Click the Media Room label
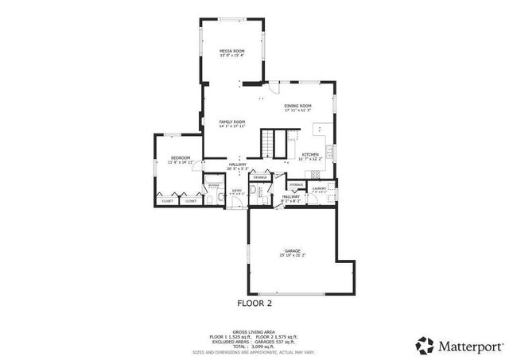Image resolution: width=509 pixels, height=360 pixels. tap(232, 51)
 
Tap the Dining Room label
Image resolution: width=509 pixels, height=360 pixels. tap(298, 106)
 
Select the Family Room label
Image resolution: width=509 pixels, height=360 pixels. tap(232, 122)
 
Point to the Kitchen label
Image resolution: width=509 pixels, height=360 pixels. tap(310, 154)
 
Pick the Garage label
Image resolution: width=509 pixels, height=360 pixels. tap(293, 251)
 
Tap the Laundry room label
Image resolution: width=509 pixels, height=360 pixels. tap(320, 188)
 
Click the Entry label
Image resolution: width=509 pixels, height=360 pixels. tap(237, 190)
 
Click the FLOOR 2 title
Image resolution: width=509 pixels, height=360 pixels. tap(255, 303)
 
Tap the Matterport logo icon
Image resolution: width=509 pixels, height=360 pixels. tap(425, 345)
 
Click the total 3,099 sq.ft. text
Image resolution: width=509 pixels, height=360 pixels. tap(254, 346)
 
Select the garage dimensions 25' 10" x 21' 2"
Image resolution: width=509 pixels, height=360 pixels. tap(293, 256)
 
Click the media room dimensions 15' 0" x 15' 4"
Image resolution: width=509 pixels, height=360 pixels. tap(232, 56)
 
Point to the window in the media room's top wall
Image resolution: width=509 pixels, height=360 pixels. tap(231, 18)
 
